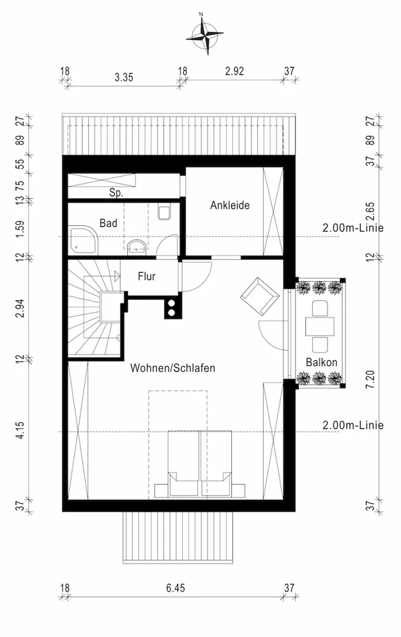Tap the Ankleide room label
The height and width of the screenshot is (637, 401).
pyautogui.click(x=230, y=205)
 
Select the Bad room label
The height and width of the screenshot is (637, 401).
pyautogui.click(x=109, y=223)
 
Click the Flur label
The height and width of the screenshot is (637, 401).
pyautogui.click(x=147, y=277)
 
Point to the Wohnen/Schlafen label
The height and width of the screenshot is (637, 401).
pyautogui.click(x=172, y=368)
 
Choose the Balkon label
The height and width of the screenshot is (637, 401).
pyautogui.click(x=321, y=362)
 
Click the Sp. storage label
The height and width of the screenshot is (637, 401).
pyautogui.click(x=116, y=193)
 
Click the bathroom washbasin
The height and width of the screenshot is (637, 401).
pyautogui.click(x=137, y=247)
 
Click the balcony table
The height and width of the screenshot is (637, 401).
pyautogui.click(x=320, y=326)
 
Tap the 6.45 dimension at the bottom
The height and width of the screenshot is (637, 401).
pyautogui.click(x=176, y=588)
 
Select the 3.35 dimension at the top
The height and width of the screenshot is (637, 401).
pyautogui.click(x=124, y=77)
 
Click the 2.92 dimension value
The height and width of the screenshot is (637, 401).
pyautogui.click(x=235, y=71)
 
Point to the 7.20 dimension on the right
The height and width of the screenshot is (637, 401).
pyautogui.click(x=370, y=379)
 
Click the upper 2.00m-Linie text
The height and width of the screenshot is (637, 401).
pyautogui.click(x=353, y=228)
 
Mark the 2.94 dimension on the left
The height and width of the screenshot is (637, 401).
pyautogui.click(x=20, y=308)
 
